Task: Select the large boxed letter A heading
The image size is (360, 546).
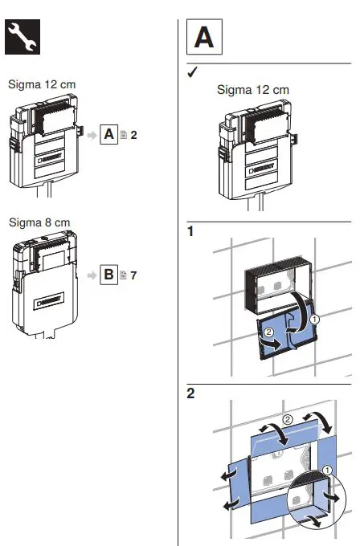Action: pyautogui.click(x=204, y=38)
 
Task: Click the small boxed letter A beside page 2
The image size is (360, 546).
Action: pyautogui.click(x=108, y=134)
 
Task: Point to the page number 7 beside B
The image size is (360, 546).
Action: pyautogui.click(x=134, y=275)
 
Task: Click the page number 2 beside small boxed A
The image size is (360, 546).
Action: pyautogui.click(x=134, y=135)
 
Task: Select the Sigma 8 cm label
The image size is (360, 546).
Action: pyautogui.click(x=39, y=222)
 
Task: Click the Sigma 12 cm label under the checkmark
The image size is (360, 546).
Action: pyautogui.click(x=252, y=90)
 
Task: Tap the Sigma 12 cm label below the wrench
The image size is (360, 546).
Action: pyautogui.click(x=42, y=84)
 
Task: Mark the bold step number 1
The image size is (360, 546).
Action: pyautogui.click(x=190, y=232)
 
